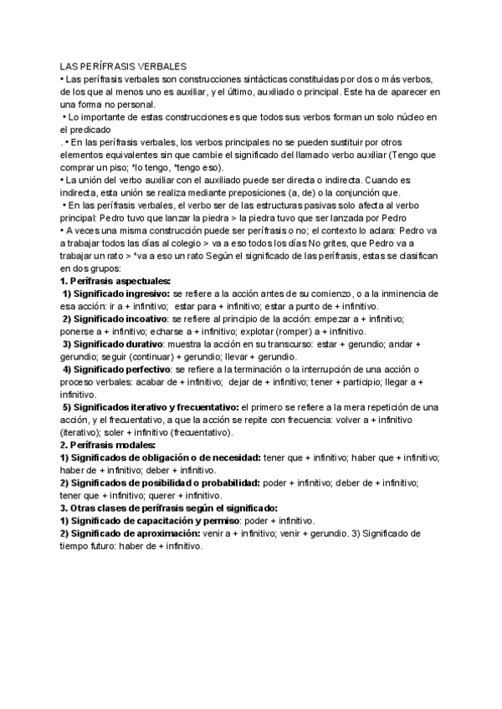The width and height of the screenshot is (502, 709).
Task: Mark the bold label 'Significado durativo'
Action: pos(118,344)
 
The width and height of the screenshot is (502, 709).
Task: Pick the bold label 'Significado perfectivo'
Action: pos(120,369)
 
